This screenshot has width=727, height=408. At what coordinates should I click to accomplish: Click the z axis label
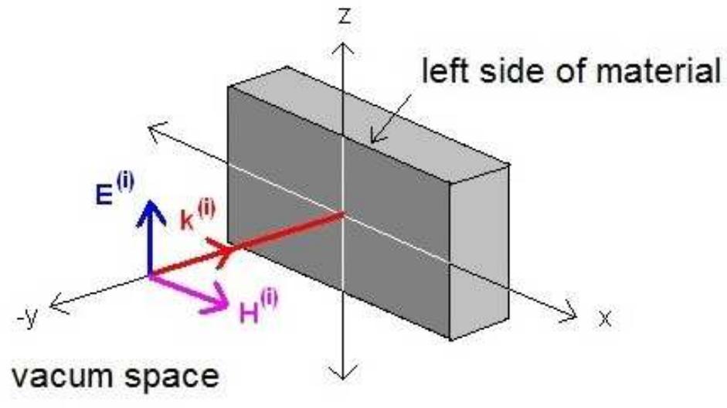coord(345,15)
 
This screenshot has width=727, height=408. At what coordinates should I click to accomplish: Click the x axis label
coord(605,319)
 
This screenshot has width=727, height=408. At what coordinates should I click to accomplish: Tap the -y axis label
coord(27,318)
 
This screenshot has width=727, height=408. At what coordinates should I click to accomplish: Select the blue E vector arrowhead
coord(151,213)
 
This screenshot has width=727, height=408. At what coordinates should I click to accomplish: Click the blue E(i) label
coord(114,189)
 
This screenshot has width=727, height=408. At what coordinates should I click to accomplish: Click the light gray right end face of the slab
coord(480,253)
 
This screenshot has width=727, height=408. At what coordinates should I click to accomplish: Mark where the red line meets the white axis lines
coord(342,214)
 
